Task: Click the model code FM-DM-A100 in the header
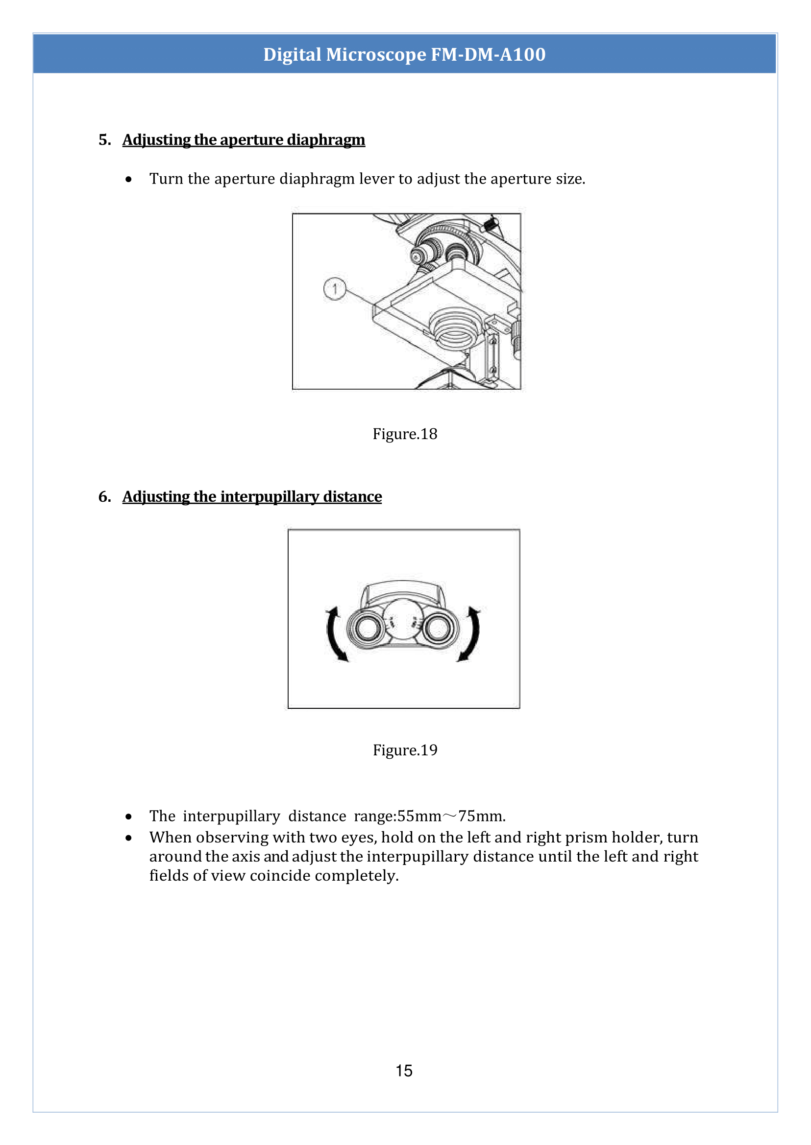pos(488,54)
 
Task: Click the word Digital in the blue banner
pos(292,54)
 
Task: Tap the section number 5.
pos(104,140)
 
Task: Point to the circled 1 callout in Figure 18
pos(335,288)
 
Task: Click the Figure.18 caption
pos(404,434)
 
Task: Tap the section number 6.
pos(104,496)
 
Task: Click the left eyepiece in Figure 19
pos(368,628)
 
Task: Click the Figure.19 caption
pos(404,750)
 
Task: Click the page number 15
pos(404,1071)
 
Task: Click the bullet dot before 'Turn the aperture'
pos(129,179)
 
